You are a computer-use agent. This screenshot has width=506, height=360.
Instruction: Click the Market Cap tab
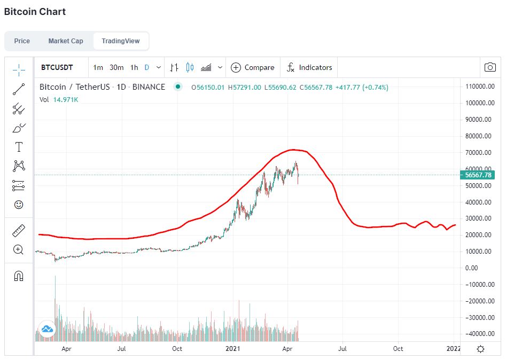(66, 41)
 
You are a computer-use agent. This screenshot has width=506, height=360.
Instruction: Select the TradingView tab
(120, 41)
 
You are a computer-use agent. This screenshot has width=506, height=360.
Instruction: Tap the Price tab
(22, 41)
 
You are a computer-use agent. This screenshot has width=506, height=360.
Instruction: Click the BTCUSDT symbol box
(57, 67)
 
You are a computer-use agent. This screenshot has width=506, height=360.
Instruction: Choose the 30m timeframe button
(116, 67)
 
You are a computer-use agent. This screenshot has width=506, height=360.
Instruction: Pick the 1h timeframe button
(134, 67)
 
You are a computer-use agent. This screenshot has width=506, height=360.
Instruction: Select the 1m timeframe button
(98, 67)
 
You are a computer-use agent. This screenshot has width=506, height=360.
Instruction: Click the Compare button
(253, 67)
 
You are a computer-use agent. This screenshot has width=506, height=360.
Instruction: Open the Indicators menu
(309, 67)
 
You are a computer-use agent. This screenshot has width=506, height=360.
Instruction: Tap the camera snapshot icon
(489, 67)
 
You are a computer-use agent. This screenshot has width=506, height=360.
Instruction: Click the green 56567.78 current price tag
(478, 175)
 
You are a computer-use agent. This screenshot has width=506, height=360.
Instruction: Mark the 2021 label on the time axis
(232, 349)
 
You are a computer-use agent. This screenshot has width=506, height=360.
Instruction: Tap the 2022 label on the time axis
(454, 349)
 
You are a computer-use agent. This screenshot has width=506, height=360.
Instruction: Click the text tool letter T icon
(19, 147)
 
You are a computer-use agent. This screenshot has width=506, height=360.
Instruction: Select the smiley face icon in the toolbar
(19, 205)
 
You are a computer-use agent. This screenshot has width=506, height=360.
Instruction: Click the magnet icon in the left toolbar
(19, 276)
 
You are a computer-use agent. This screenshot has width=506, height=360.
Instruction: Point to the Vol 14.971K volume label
(59, 99)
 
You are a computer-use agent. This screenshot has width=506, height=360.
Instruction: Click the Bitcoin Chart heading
(35, 12)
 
